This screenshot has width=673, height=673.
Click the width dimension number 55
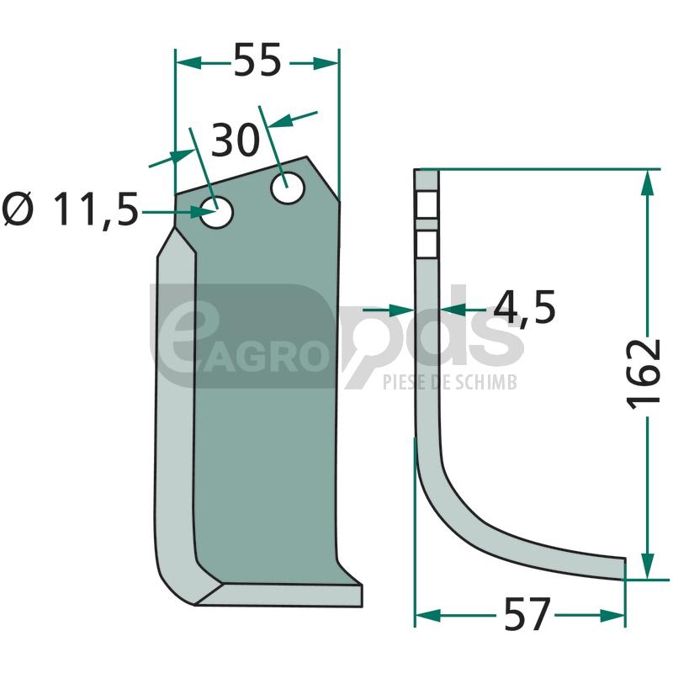coord(257,60)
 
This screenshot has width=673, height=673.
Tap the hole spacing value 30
coord(236,140)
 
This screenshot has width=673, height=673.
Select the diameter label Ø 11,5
coord(71,209)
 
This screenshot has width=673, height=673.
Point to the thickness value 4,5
coord(524,308)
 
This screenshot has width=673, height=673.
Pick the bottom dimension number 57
coord(527,614)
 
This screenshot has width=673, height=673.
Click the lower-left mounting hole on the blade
coord(217,212)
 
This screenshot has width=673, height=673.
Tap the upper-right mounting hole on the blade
coord(288,188)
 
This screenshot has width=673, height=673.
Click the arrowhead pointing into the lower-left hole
coord(203,212)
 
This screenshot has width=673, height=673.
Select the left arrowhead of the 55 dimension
coord(188,63)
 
